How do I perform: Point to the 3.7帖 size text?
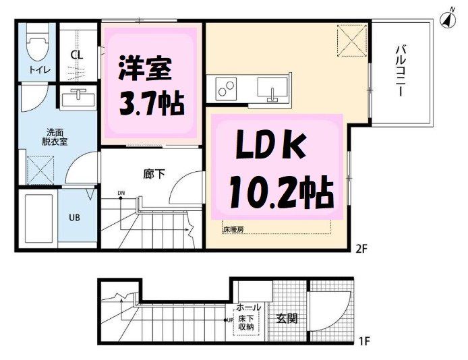click(x=151, y=102)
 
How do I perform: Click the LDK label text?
click(x=271, y=148)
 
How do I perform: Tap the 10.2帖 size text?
click(x=281, y=194)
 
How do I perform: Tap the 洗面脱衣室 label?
click(x=37, y=138)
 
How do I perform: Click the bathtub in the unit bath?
click(x=39, y=221)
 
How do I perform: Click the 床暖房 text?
click(x=233, y=229)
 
